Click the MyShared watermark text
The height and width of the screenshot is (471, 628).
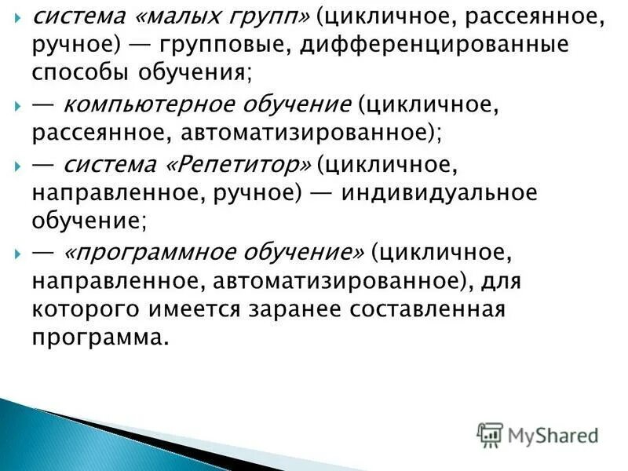click(553, 435)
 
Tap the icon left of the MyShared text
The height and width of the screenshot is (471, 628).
click(490, 434)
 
